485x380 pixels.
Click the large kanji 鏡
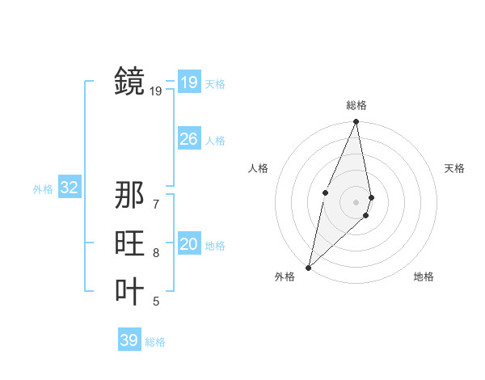click(129, 81)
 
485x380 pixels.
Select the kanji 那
click(129, 195)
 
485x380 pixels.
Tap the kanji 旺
click(129, 243)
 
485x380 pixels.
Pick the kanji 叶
click(129, 292)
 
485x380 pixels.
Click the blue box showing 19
click(188, 82)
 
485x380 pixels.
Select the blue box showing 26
click(188, 139)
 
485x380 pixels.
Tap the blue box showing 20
click(188, 244)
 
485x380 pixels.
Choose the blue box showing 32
click(69, 188)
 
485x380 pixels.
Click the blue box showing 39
click(129, 340)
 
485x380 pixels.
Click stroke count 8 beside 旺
click(156, 253)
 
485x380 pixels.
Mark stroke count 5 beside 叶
click(156, 302)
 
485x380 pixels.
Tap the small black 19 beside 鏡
click(156, 91)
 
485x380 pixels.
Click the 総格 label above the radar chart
click(356, 105)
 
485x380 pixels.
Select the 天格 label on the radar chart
click(454, 168)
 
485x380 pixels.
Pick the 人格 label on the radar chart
click(258, 168)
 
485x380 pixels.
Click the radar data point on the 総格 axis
click(356, 122)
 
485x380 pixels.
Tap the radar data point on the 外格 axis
click(308, 267)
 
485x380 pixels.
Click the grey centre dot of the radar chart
click(356, 201)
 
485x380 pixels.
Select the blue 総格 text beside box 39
click(155, 342)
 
